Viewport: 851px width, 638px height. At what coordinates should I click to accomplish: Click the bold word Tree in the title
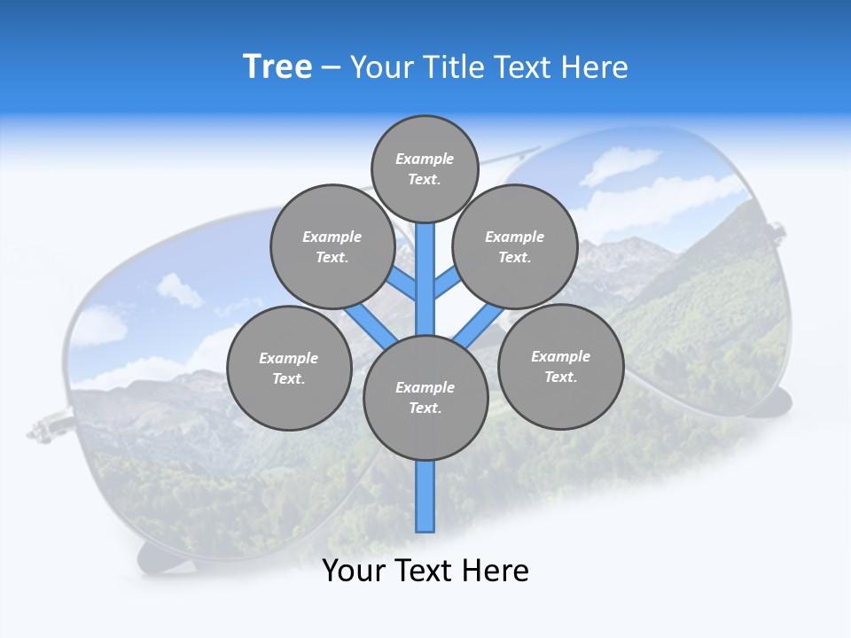(277, 67)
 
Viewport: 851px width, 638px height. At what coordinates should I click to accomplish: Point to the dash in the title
(331, 68)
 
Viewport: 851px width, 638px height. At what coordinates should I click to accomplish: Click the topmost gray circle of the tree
(425, 168)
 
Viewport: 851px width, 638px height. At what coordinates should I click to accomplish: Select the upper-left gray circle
(332, 246)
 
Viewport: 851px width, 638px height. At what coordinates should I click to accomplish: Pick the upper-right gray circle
(515, 246)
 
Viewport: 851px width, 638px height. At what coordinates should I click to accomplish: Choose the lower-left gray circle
(289, 368)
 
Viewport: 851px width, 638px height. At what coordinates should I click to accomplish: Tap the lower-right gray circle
(560, 366)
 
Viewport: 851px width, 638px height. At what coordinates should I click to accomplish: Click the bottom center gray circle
(425, 398)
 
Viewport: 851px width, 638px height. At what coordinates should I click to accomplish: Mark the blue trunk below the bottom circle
(425, 496)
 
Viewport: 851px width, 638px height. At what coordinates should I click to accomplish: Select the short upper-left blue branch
(401, 284)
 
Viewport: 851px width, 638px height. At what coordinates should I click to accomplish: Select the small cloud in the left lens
(180, 289)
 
